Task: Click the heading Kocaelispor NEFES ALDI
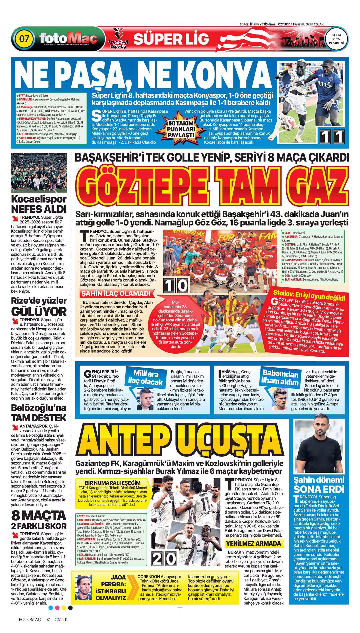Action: [x=39, y=204]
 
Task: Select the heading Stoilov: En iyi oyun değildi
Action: [x=309, y=295]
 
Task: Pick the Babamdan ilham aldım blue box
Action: [x=280, y=377]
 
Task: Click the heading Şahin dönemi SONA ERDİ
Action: [x=318, y=485]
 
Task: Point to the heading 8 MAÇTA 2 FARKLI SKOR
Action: [x=39, y=520]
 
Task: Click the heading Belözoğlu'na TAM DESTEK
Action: [x=39, y=413]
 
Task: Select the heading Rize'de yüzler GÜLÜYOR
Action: [x=39, y=306]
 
